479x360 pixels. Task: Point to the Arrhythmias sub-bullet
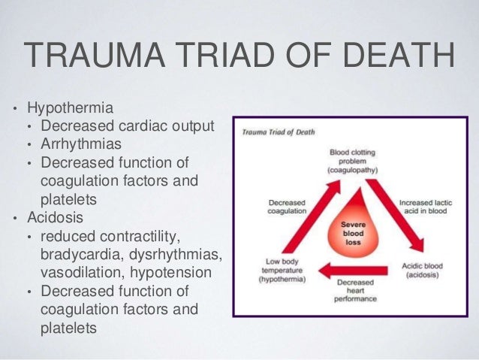point(83,144)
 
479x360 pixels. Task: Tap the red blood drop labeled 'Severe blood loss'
point(353,230)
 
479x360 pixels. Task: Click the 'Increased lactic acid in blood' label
point(426,207)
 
